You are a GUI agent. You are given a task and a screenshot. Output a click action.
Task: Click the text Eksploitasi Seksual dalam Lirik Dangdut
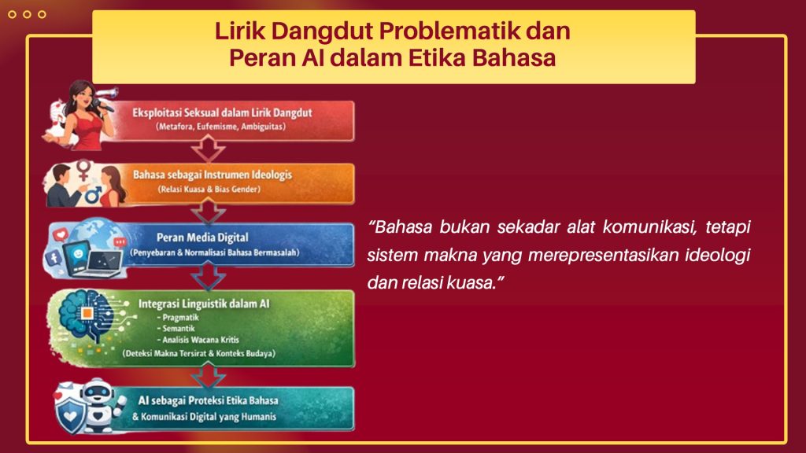[x=222, y=112]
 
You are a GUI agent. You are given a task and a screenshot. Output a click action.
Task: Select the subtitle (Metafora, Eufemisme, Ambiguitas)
[x=220, y=127]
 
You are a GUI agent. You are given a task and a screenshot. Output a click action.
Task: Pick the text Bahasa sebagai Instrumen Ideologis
[x=213, y=175]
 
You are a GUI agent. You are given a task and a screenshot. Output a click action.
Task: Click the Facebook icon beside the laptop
[x=54, y=258]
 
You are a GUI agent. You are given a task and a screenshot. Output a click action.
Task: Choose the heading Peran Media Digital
[x=202, y=238]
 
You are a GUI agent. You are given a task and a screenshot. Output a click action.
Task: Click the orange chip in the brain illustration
[x=87, y=313]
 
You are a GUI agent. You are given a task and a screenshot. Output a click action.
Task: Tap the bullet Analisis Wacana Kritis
[x=198, y=340]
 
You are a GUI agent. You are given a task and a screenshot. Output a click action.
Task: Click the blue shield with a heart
[x=72, y=413]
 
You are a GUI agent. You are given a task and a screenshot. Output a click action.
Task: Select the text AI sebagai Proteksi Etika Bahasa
[x=208, y=400]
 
